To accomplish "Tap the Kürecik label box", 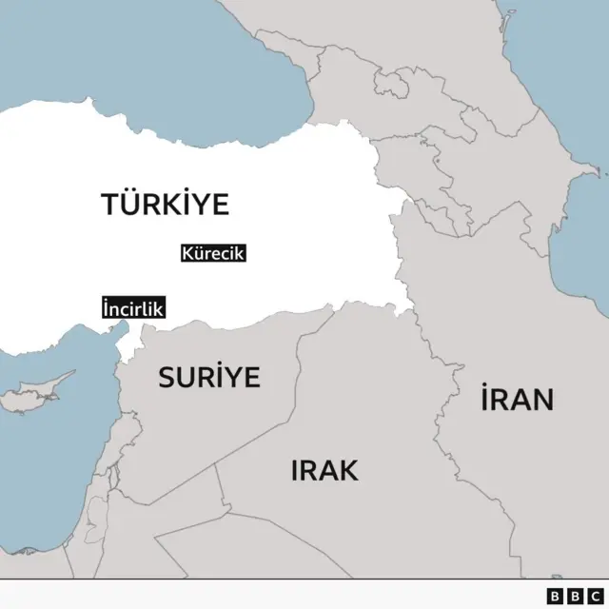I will pos(213,254).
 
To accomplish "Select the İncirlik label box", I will pos(133,308).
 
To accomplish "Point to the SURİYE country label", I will pos(208,378).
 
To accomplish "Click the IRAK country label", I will pos(324,469).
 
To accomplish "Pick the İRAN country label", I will pos(517,399).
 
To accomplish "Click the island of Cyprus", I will pos(38,394).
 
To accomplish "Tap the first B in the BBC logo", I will pos(556,595).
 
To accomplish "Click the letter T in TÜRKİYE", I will pos(108,204).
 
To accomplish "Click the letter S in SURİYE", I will pos(167,378).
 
